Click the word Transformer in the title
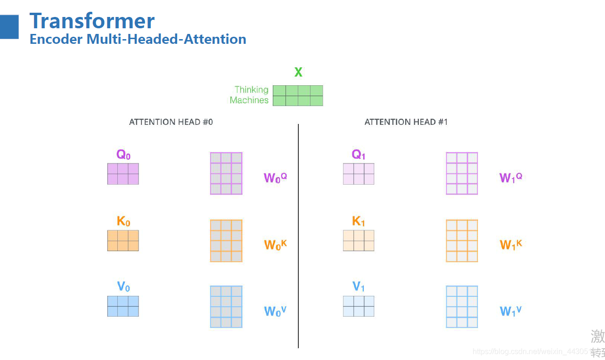click(92, 21)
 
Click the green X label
click(298, 73)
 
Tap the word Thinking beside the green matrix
click(252, 90)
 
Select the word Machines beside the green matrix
click(249, 100)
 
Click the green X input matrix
click(298, 96)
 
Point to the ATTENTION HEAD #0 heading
click(171, 122)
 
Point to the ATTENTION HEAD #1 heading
click(406, 122)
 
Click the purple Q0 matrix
click(123, 174)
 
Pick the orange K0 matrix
click(123, 240)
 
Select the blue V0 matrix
click(123, 306)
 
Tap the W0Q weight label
click(275, 178)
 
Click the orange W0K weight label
click(275, 245)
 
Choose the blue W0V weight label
click(275, 311)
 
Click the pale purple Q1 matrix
click(359, 174)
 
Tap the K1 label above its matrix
click(359, 221)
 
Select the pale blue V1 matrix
click(359, 306)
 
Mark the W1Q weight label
click(511, 178)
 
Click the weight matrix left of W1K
click(462, 241)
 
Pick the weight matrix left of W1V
click(462, 307)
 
